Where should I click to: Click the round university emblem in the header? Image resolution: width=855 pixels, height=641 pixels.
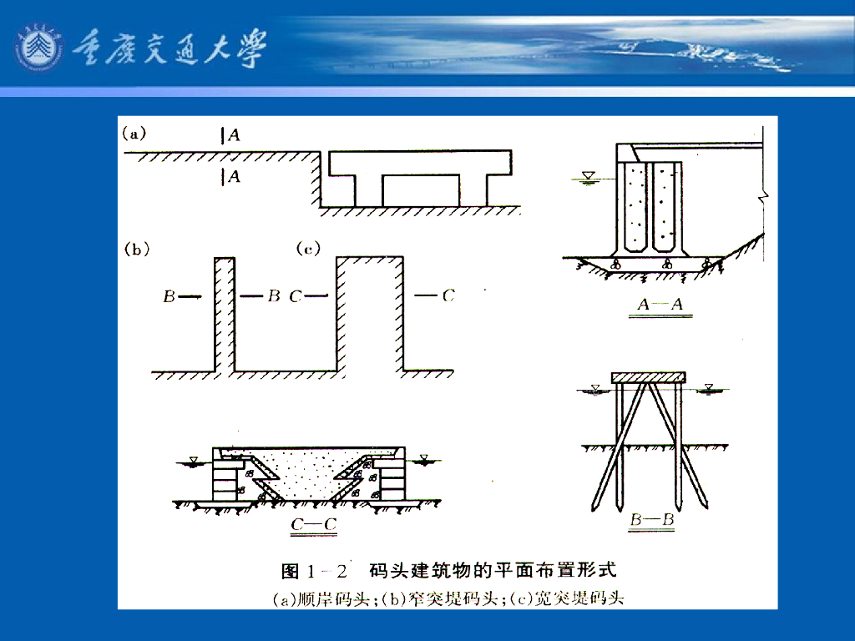pyautogui.click(x=38, y=48)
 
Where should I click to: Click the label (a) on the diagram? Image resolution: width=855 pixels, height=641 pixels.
pyautogui.click(x=134, y=132)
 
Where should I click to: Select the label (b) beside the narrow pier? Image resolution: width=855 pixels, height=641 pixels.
pyautogui.click(x=136, y=248)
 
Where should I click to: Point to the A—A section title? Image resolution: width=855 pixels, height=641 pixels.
pyautogui.click(x=660, y=305)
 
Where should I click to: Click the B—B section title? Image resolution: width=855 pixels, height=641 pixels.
pyautogui.click(x=652, y=522)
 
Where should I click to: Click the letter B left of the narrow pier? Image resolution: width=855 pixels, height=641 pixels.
pyautogui.click(x=169, y=296)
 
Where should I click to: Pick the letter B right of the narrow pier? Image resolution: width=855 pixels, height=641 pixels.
pyautogui.click(x=273, y=296)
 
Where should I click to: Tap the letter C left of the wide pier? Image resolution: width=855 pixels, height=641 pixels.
pyautogui.click(x=296, y=296)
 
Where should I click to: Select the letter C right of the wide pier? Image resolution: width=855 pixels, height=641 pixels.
pyautogui.click(x=448, y=295)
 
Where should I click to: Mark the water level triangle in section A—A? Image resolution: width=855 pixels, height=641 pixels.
pyautogui.click(x=589, y=175)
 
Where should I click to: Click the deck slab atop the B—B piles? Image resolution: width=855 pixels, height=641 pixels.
pyautogui.click(x=649, y=378)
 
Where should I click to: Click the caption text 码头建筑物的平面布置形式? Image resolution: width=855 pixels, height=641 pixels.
pyautogui.click(x=493, y=571)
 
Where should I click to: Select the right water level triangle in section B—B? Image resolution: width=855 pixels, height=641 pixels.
pyautogui.click(x=709, y=388)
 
